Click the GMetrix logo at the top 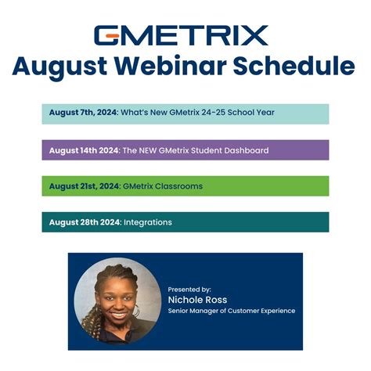(x=181, y=34)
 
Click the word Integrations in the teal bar (x=147, y=222)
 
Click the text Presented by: (x=189, y=289)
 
